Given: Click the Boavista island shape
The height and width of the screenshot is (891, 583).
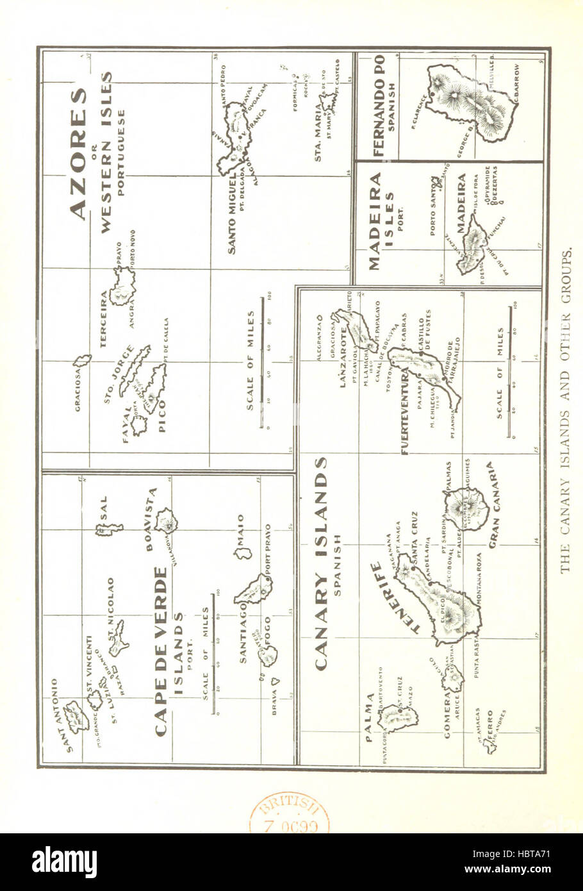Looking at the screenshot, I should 168,521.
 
